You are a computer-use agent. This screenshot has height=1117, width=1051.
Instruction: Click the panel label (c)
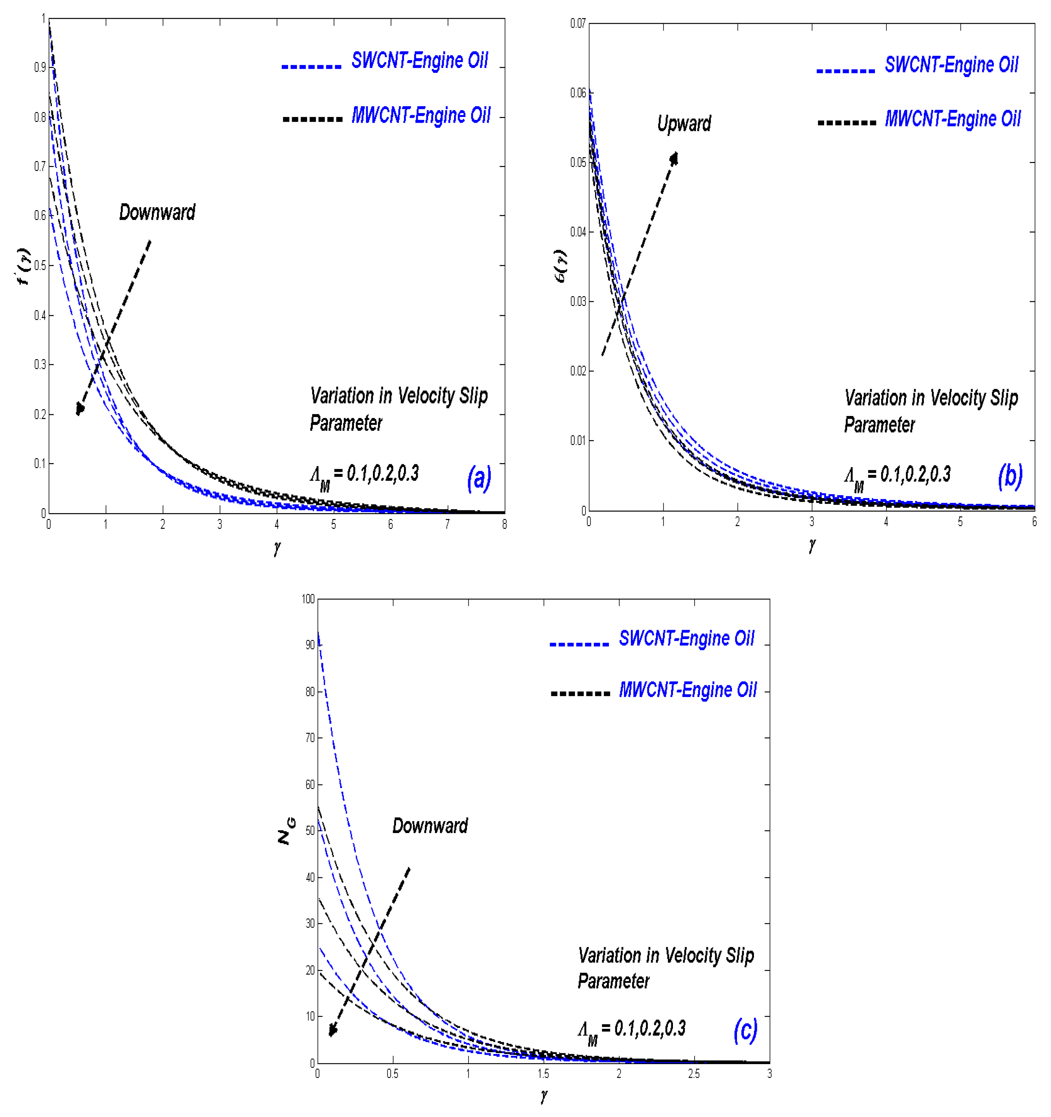coord(745,1030)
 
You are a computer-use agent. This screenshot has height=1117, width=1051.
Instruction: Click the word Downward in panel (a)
coord(157,212)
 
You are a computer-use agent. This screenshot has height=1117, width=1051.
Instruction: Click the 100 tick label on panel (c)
coord(308,599)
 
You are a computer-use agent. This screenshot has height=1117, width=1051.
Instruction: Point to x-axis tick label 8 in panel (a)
coord(504,524)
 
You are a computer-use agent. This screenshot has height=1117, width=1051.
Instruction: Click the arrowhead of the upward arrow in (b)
coord(674,158)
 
